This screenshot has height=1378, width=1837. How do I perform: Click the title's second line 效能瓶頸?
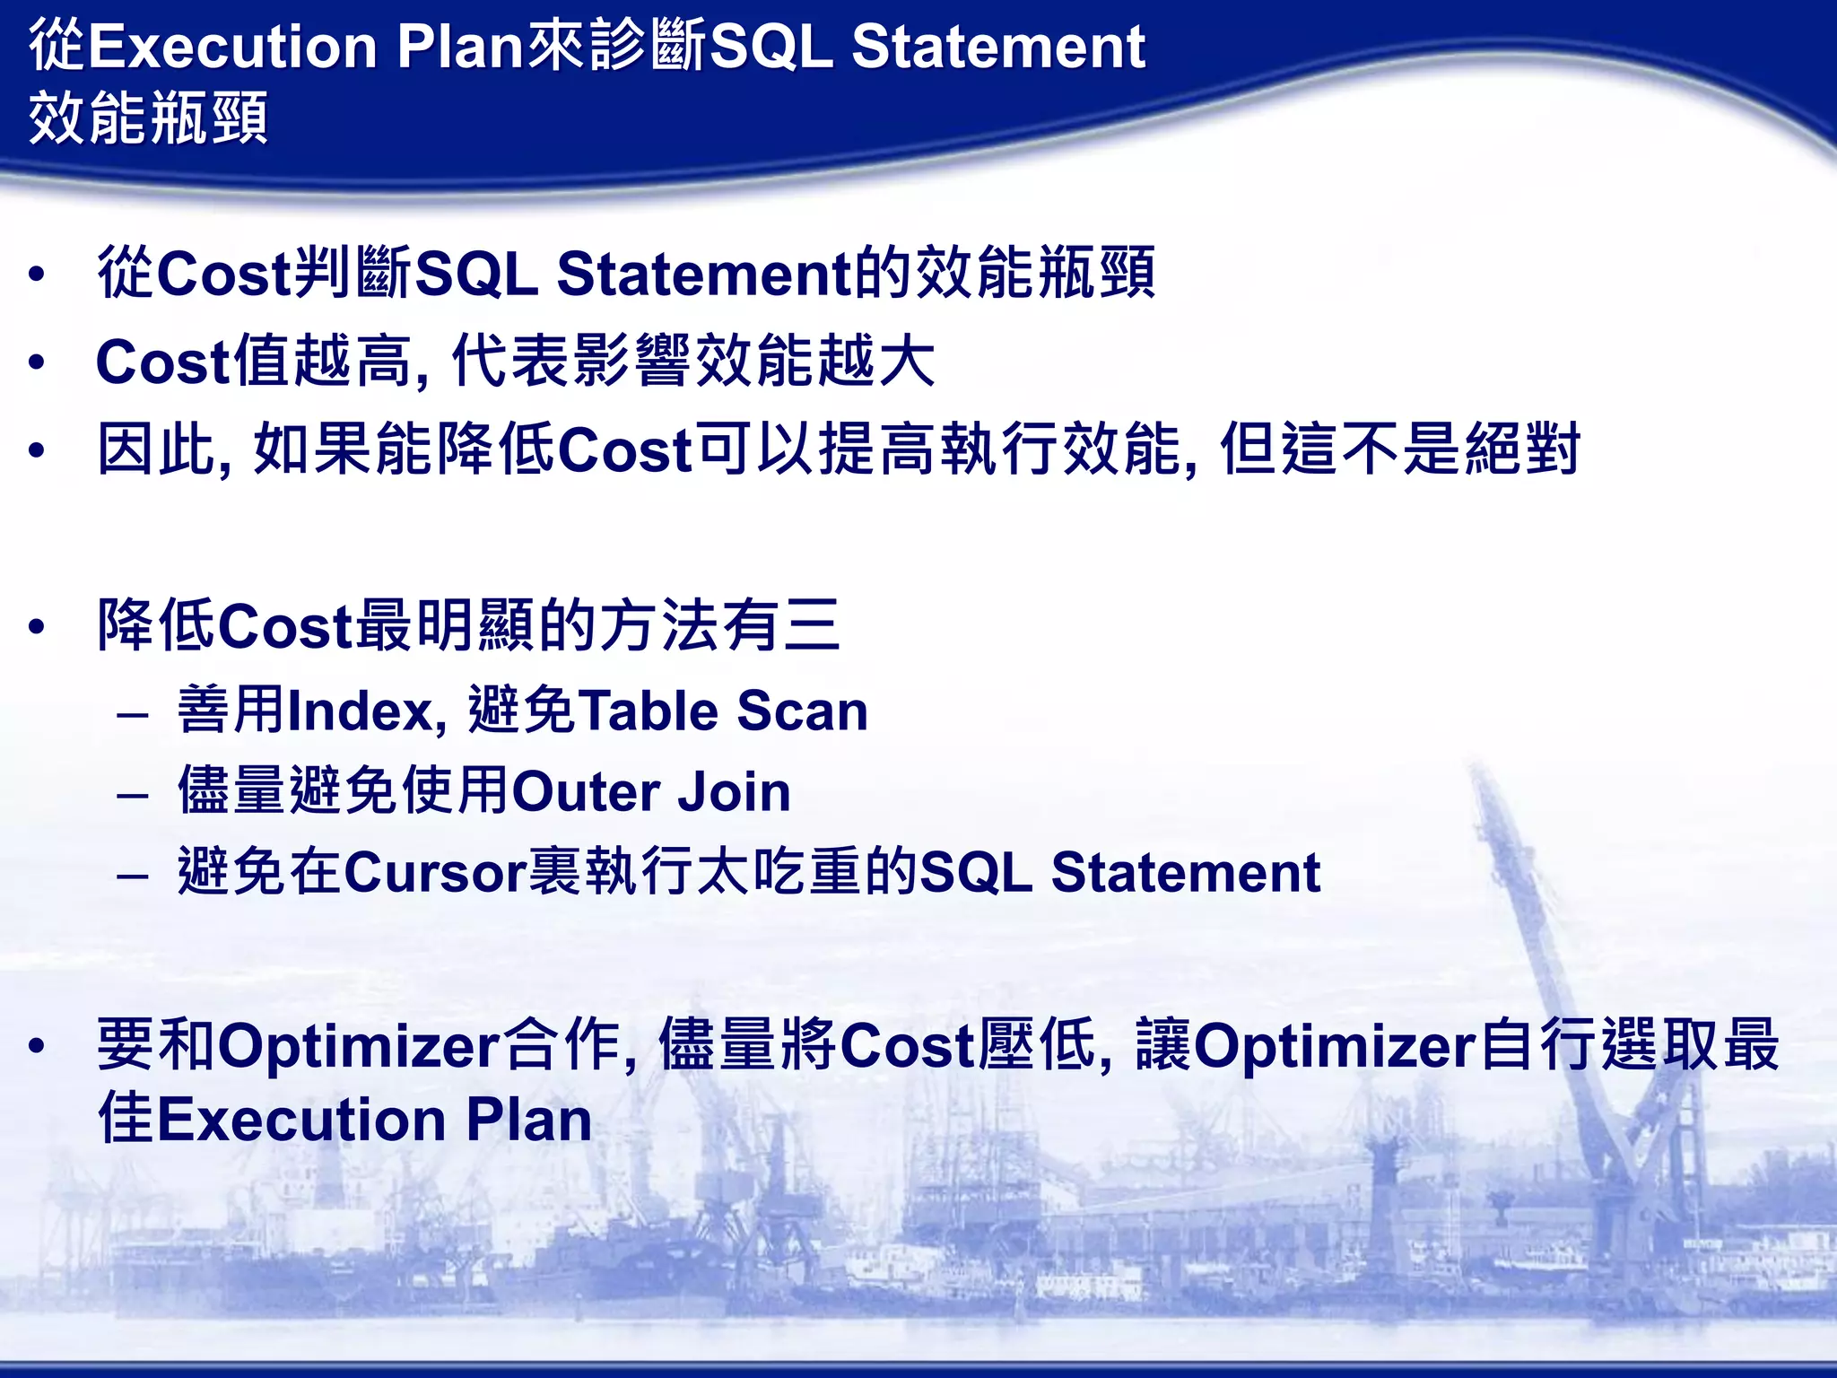(x=148, y=118)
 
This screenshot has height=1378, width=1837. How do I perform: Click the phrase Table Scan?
(x=723, y=711)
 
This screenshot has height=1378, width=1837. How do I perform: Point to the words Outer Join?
(x=651, y=792)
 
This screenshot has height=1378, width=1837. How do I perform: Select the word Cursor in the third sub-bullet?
(x=435, y=872)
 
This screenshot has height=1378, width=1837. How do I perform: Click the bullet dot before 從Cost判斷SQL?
(x=36, y=275)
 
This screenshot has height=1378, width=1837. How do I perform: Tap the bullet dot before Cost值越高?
(x=36, y=362)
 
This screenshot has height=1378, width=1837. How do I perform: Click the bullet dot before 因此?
(x=36, y=450)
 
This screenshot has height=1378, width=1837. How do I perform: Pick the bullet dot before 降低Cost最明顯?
(x=36, y=626)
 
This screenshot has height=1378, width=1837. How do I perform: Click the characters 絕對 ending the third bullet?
(x=1521, y=449)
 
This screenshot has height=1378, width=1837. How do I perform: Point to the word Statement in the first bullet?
(x=704, y=275)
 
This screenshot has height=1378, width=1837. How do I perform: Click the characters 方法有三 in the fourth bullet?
(x=720, y=625)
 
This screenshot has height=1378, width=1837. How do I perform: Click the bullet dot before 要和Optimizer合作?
(x=36, y=1046)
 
